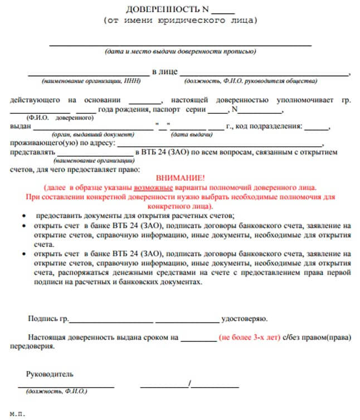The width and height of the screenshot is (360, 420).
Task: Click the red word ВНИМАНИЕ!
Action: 179,176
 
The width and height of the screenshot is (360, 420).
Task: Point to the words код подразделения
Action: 269,127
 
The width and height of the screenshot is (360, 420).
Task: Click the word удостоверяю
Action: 244,319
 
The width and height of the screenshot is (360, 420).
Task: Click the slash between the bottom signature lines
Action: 190,384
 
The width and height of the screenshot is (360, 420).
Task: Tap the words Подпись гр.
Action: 48,319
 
